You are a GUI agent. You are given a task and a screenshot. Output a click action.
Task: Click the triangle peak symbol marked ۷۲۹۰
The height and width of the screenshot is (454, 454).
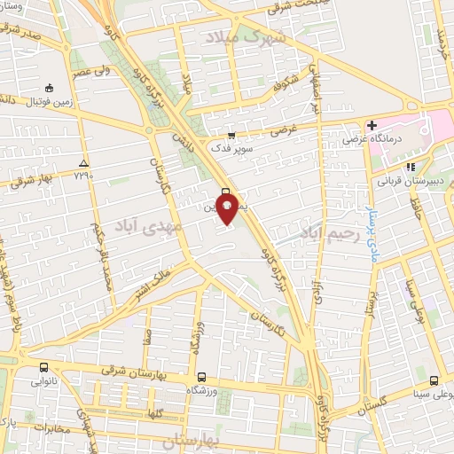(83, 163)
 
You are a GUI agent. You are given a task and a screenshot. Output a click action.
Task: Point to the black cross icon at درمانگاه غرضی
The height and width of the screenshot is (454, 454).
(372, 125)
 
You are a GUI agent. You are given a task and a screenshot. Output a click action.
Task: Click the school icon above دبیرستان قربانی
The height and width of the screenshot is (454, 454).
(410, 167)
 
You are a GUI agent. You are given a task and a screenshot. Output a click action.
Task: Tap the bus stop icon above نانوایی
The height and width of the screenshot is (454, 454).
(43, 367)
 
